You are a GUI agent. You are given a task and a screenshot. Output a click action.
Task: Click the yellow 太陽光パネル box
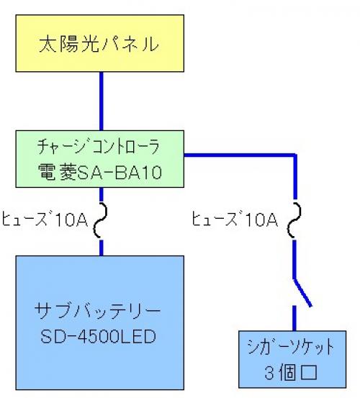point(100,43)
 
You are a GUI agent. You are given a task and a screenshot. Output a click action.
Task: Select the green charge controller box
point(100,159)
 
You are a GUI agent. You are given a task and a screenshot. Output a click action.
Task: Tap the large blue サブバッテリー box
point(100,322)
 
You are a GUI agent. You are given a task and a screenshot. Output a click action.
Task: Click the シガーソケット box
point(292,359)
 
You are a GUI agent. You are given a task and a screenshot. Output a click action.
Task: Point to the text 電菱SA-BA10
point(100,172)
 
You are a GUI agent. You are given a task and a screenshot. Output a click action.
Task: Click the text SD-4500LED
point(98,336)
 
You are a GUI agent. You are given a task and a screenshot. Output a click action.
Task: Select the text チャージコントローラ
point(99,146)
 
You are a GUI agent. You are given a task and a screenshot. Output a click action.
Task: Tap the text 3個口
point(291,373)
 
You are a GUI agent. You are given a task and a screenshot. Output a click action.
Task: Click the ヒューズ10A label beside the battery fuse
point(45,219)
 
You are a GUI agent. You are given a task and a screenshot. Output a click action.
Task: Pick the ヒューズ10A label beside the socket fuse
point(235,219)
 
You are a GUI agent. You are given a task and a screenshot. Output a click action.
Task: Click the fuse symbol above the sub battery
point(101,220)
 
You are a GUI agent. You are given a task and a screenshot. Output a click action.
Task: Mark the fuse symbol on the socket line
point(294,220)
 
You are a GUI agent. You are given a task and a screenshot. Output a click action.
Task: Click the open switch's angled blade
point(303,293)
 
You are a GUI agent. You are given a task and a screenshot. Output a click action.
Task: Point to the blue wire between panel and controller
point(102,101)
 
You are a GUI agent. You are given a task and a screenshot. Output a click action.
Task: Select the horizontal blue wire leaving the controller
point(240,155)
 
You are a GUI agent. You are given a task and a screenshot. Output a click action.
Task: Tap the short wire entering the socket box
point(294,318)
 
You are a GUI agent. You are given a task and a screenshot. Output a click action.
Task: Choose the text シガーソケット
point(291,347)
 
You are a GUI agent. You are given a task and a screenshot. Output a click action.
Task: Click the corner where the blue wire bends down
point(294,155)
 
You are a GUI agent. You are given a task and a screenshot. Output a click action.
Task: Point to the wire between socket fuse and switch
point(294,259)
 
